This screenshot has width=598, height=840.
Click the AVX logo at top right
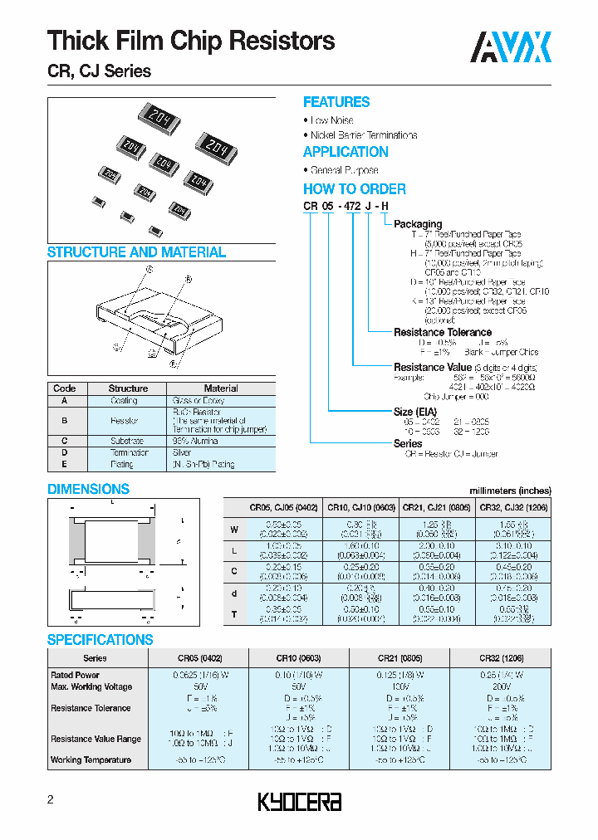511,47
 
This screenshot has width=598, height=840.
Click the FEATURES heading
336,102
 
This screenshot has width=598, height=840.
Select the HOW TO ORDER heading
354,188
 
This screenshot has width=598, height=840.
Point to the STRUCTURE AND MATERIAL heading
136,252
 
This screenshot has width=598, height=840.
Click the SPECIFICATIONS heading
100,640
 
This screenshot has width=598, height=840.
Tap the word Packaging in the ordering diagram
418,224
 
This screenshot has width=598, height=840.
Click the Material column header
221,388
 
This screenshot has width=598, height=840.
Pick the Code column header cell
65,388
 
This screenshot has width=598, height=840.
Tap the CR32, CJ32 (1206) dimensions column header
514,506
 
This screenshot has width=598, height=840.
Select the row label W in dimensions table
234,529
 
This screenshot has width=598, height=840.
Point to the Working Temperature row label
91,759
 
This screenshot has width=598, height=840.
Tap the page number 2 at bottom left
51,800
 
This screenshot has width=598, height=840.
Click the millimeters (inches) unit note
509,490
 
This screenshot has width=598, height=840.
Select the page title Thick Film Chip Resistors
191,40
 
